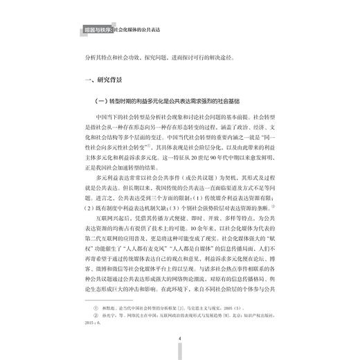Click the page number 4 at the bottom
[x=179, y=339]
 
